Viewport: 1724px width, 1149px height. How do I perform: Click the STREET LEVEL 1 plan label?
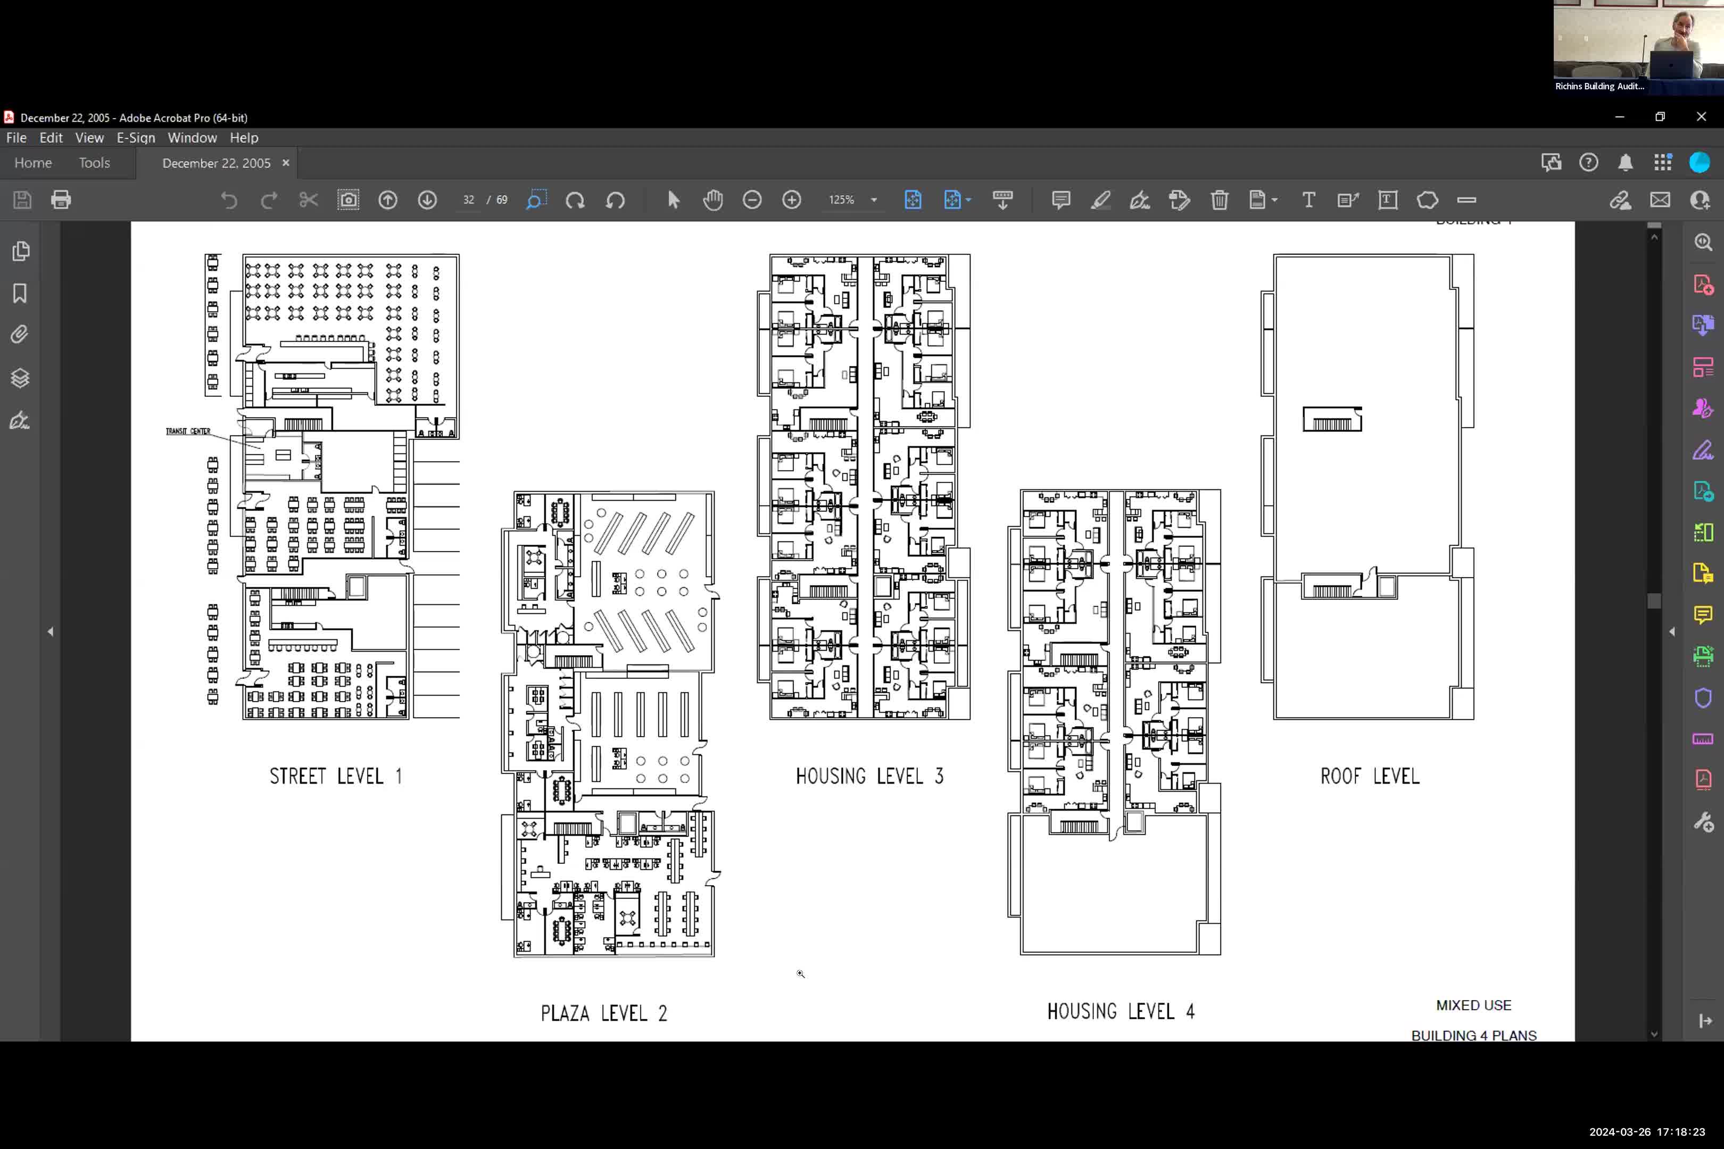(x=336, y=776)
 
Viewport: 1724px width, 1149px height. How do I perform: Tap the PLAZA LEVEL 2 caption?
(x=604, y=1013)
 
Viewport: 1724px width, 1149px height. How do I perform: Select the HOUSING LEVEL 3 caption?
(x=869, y=776)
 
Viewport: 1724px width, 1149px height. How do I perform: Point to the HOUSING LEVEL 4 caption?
(x=1121, y=1011)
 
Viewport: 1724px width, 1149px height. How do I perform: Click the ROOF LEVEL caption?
(x=1369, y=776)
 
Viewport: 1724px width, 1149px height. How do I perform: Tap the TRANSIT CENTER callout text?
(x=188, y=431)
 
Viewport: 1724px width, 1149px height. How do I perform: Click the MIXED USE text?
(x=1473, y=1005)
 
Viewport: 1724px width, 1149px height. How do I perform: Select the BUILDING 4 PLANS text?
(x=1473, y=1035)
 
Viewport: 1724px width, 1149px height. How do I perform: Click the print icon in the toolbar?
(x=61, y=199)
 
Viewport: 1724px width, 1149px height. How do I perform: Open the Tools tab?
(x=95, y=163)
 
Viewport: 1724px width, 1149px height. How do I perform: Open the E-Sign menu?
(x=136, y=138)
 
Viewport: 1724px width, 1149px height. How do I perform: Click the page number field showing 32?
(x=468, y=199)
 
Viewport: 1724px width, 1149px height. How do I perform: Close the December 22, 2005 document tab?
(x=286, y=163)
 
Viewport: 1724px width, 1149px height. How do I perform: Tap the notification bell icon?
(x=1625, y=163)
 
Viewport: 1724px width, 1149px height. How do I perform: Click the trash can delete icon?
(x=1219, y=199)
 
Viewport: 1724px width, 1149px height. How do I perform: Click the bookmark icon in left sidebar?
(x=20, y=293)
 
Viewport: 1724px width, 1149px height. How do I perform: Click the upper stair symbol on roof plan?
(x=1331, y=420)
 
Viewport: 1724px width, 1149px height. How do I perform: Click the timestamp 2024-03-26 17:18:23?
(x=1646, y=1131)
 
